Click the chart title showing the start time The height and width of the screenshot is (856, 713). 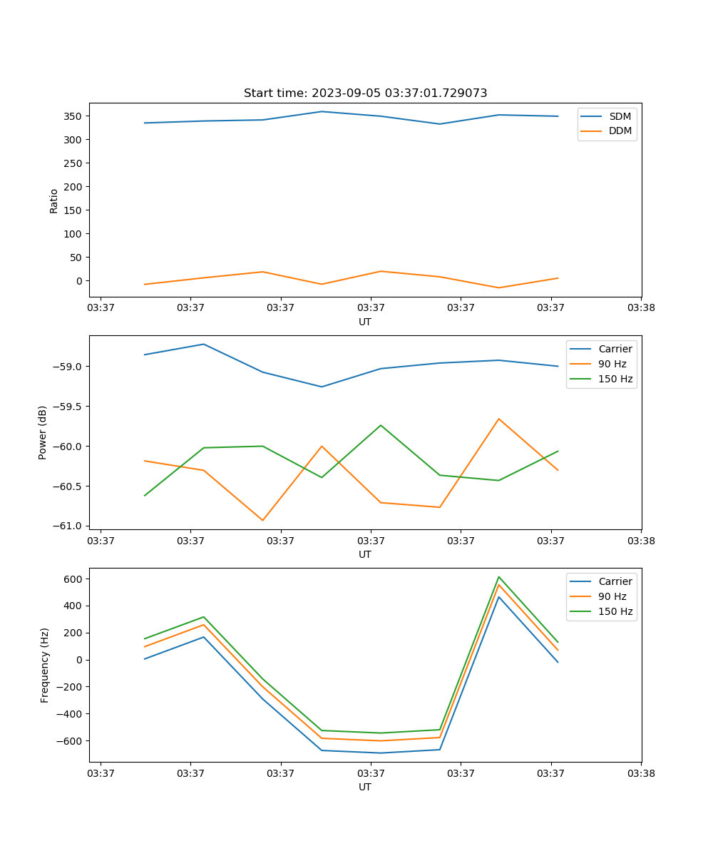tap(365, 93)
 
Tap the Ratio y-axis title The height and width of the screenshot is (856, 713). tap(54, 201)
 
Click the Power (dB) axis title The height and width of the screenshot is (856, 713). tap(43, 432)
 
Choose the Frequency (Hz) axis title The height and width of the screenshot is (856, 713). tap(45, 665)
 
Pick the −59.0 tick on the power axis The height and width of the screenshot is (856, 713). tap(68, 367)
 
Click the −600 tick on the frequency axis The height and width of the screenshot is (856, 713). tap(68, 741)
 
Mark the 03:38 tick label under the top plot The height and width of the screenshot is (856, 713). tap(641, 308)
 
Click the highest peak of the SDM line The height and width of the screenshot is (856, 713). tap(322, 111)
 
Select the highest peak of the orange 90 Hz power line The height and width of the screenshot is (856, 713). tap(498, 419)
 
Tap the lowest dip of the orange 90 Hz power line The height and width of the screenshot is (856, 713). tap(262, 520)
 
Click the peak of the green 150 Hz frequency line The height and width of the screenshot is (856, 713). tap(498, 577)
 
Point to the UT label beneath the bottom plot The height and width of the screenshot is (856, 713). tap(365, 788)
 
